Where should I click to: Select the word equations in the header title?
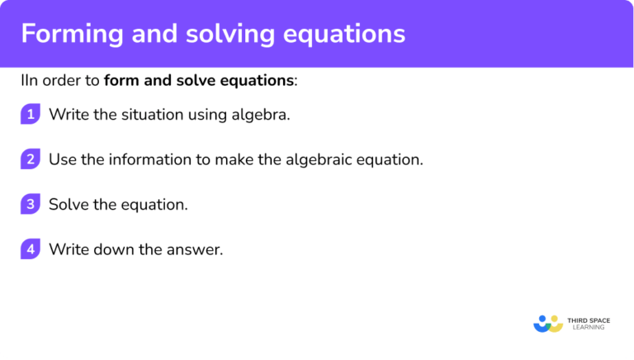(x=348, y=34)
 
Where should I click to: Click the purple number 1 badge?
(x=30, y=115)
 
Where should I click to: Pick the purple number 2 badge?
(x=30, y=159)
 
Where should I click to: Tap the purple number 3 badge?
(x=30, y=204)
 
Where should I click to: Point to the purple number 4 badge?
(x=30, y=249)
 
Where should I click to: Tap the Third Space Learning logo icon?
(x=547, y=322)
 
